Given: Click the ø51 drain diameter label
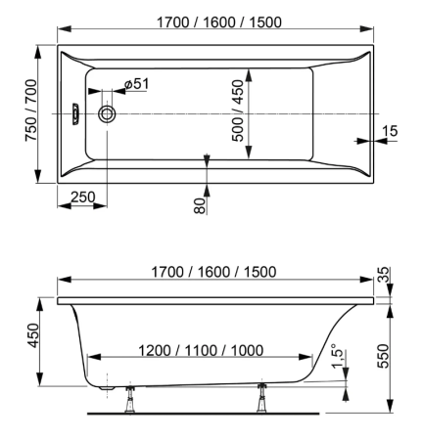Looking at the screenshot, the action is coord(136,84).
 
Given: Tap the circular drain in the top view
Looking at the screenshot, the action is coord(107,113).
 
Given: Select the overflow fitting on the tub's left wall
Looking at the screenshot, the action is coord(75,113).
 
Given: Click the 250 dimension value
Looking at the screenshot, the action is coord(83,198).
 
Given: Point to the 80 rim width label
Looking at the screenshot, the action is coord(201,205).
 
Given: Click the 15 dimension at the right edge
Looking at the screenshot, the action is coord(390,131).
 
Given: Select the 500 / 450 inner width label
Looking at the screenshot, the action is coord(238,110).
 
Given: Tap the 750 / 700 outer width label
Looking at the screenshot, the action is coord(31,110).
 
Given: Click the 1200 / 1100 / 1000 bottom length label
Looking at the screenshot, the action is coord(201,351).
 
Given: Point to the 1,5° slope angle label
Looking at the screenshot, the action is coord(338,356).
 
